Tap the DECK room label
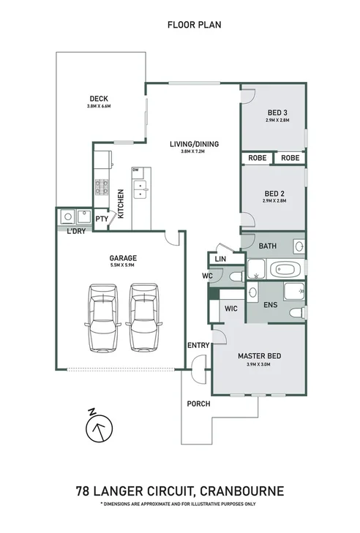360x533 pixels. pos(98,99)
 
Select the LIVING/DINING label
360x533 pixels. pos(194,144)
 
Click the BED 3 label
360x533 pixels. pos(276,113)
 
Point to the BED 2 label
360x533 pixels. pos(274,193)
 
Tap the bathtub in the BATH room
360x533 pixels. pos(283,269)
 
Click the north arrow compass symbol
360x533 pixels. pos(99,429)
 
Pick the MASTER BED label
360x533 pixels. pos(259,357)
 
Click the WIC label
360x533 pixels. pos(231,310)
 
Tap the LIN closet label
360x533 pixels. pos(220,260)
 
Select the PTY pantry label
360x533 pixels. pos(102,218)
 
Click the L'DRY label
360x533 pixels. pos(76,233)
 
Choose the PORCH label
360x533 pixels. pos(198,404)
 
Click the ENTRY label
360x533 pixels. pos(198,346)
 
